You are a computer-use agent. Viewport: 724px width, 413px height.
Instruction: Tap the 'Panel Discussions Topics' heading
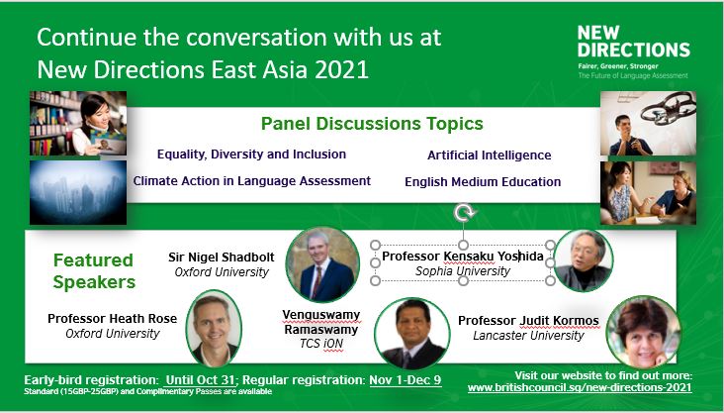pos(371,125)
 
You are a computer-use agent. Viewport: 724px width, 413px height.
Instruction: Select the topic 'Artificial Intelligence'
pos(489,155)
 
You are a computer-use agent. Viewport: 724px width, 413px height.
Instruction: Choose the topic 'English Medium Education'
pos(483,181)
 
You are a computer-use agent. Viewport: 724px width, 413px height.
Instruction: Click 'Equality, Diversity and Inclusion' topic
pos(251,155)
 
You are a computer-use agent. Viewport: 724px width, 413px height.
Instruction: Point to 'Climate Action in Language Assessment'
pos(251,181)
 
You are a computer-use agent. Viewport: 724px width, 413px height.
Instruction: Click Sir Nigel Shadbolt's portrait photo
pos(320,264)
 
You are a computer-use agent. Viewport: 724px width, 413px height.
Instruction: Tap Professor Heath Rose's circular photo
pos(214,328)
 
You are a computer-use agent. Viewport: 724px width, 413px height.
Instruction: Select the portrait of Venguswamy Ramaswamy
pos(413,334)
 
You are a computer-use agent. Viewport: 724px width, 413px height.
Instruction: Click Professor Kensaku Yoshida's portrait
pos(584,260)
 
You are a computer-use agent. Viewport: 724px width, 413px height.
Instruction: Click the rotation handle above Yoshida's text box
pos(462,213)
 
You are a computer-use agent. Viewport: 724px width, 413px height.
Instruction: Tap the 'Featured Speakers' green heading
pos(93,271)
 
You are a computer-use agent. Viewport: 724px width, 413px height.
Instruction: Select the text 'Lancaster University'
pos(529,335)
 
